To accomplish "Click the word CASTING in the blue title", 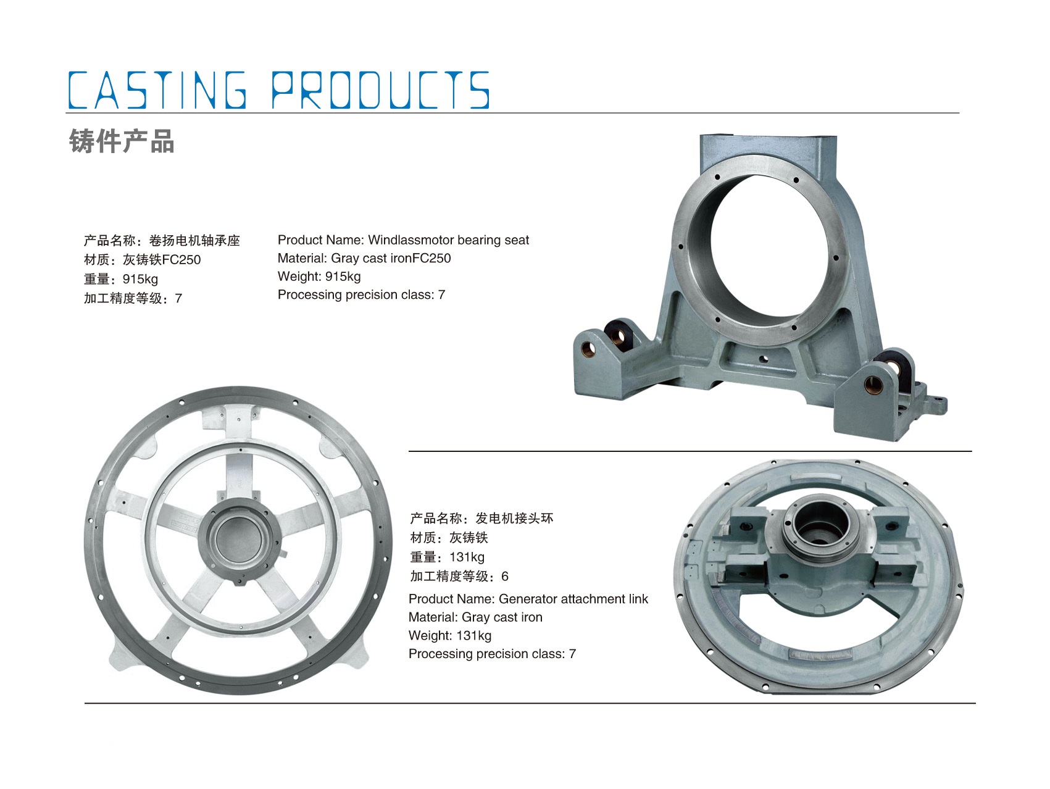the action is click(157, 90).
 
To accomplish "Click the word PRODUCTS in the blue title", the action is click(380, 90).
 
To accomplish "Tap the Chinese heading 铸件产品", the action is click(122, 141).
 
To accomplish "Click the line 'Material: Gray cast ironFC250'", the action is click(364, 258).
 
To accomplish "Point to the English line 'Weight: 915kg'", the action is click(319, 277).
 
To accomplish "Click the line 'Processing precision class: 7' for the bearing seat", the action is click(361, 295).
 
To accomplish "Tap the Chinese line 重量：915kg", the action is click(121, 279).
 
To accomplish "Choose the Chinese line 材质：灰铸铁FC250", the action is click(143, 260).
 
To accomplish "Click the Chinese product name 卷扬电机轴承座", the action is click(194, 241).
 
